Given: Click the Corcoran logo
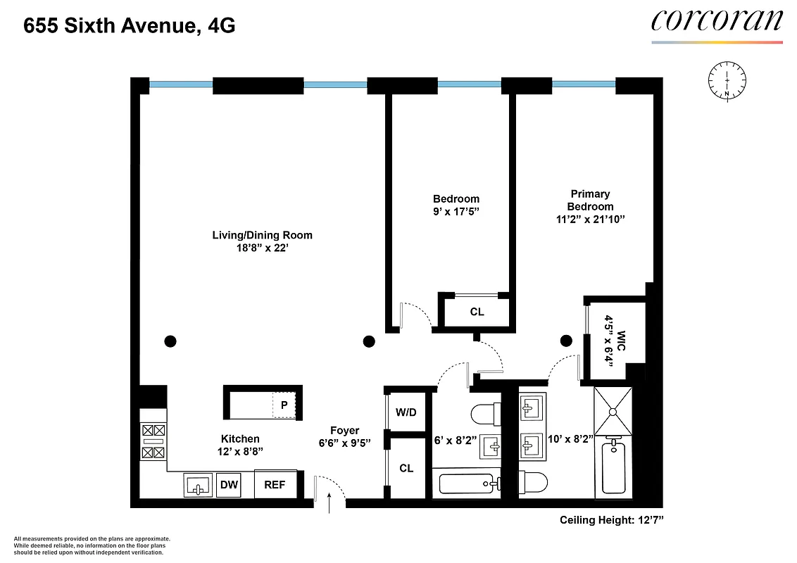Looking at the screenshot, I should coord(716,20).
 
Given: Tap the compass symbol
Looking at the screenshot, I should coord(726,78).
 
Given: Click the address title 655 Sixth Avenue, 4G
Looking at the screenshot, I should coord(130,27).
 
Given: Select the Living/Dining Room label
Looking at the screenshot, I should coord(262,235).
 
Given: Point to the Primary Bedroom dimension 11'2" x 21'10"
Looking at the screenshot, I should coord(590,220).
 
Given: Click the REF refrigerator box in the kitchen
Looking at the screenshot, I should coord(275,484).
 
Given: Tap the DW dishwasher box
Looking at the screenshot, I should coord(227,484).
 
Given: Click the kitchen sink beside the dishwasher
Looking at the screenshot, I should coord(198,485).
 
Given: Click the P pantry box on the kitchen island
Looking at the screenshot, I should coord(283,405).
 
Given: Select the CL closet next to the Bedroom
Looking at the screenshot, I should coord(477,312).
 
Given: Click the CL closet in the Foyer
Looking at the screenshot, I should coord(406,469).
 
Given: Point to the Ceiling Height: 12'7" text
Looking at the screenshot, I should coord(612,521).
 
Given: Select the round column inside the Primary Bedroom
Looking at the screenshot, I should coord(566,341).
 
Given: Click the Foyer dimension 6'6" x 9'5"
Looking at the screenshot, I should coord(344,443).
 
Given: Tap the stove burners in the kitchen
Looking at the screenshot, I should coord(153,441).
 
